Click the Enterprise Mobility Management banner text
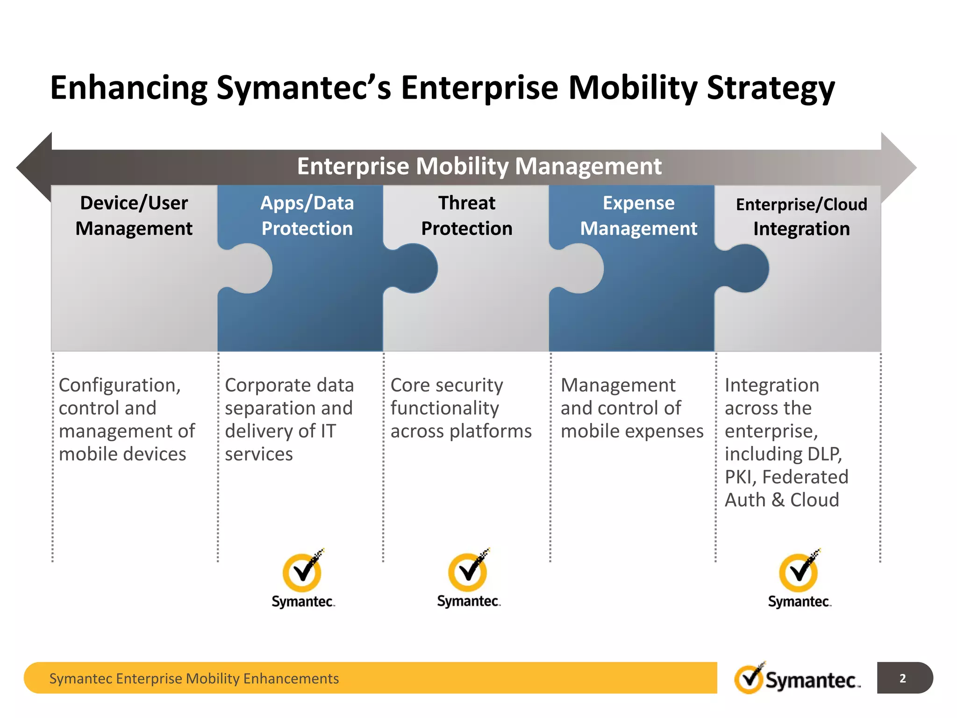click(479, 166)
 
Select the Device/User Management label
click(134, 215)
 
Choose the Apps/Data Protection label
click(307, 215)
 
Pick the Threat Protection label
click(466, 215)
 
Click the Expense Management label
click(638, 215)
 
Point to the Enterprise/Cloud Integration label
click(801, 216)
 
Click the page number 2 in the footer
click(903, 678)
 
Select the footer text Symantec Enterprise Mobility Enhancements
click(194, 678)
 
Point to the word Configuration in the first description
click(120, 386)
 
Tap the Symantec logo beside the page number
click(797, 679)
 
